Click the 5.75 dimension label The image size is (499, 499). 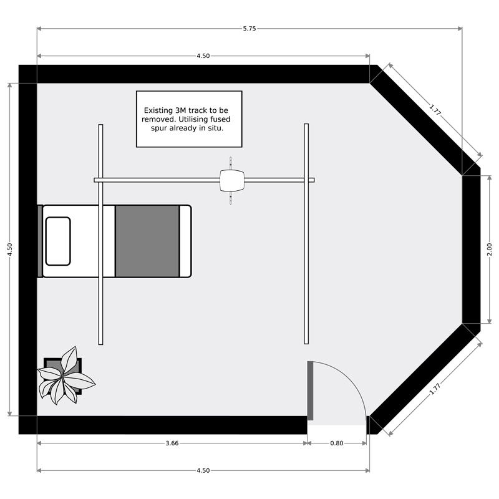[249, 29]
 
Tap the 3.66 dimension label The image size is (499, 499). [172, 443]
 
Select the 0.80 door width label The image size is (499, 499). [336, 443]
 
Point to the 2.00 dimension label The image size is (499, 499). [489, 249]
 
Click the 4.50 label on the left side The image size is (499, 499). [10, 249]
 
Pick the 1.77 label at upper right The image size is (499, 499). [435, 110]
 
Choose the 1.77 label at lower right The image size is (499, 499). [435, 389]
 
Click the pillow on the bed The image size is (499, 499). [58, 241]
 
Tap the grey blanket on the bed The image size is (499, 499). [147, 241]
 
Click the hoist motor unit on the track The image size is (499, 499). [232, 180]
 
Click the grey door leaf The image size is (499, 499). [310, 391]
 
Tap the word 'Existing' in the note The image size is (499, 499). [158, 110]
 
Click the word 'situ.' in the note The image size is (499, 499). [216, 128]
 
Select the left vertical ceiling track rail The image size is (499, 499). [100, 235]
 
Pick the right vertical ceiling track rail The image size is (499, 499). [306, 234]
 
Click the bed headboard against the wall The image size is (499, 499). [40, 241]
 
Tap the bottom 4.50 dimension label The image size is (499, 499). [203, 470]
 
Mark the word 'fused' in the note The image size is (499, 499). [220, 119]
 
